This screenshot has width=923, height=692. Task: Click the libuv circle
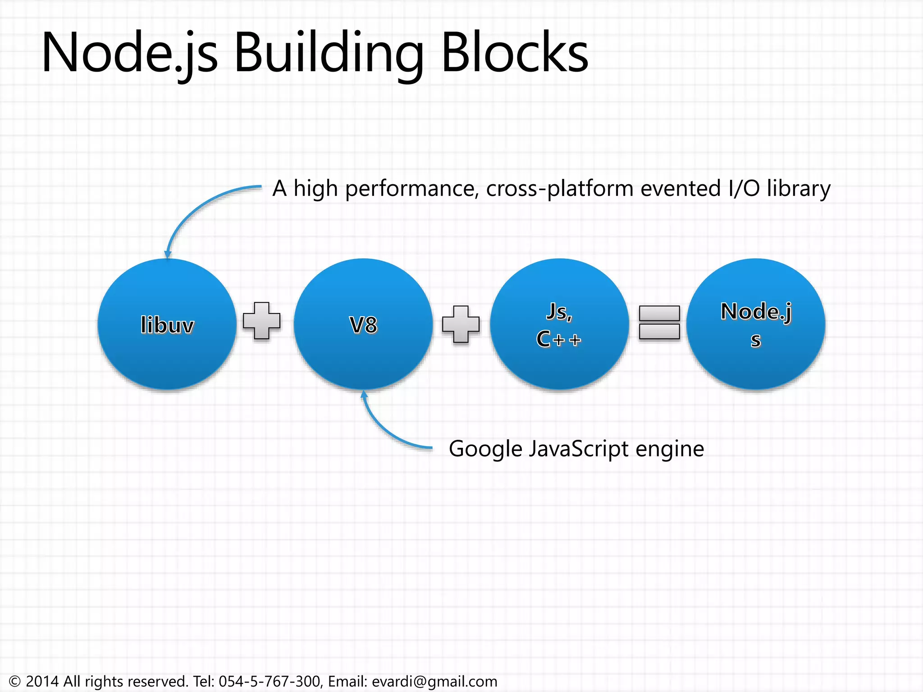(167, 324)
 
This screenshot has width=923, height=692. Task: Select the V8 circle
(363, 324)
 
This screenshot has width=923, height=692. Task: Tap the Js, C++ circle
(559, 324)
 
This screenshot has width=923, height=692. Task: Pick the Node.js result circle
(756, 324)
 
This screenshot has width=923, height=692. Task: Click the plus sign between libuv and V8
(261, 321)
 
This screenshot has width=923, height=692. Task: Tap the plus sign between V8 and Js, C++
(461, 324)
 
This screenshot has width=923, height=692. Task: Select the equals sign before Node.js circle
(659, 323)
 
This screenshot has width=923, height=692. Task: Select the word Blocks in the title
(515, 53)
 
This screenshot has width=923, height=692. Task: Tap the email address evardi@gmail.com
(434, 681)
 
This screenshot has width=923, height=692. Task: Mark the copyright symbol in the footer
(15, 681)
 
